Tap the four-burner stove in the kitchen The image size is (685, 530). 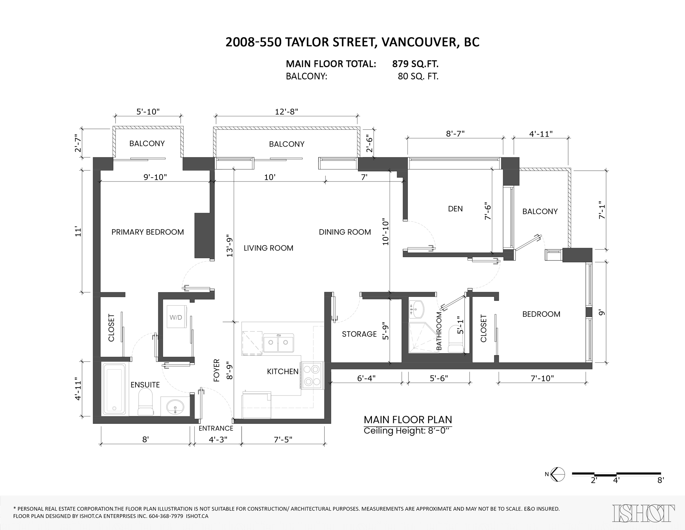[312, 375]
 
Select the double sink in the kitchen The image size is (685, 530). [279, 343]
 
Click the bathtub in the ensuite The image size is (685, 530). [115, 389]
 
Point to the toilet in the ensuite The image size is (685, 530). [145, 402]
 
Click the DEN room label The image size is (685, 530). [455, 208]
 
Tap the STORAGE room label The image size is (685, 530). [359, 334]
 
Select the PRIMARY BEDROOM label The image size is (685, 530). [148, 232]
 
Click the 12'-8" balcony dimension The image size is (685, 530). [286, 111]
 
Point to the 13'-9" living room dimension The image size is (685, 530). [229, 246]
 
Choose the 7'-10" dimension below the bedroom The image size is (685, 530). [542, 378]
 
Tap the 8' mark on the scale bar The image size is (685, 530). [660, 480]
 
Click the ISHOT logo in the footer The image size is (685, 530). [643, 513]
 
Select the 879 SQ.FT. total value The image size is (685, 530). [415, 64]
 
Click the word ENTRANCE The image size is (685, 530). [216, 428]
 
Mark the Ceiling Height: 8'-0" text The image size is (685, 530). [407, 431]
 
